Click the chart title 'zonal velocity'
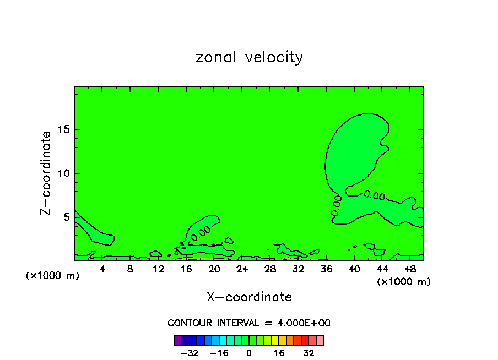[249, 57]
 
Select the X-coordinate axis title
[249, 297]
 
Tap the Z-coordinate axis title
[46, 173]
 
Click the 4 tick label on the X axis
[102, 269]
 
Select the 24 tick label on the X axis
[242, 269]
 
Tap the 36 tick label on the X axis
[326, 269]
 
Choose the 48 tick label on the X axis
[410, 269]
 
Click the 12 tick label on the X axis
[158, 269]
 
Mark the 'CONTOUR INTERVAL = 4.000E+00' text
[249, 323]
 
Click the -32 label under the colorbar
[190, 353]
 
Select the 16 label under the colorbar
[279, 353]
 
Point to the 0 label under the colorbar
[249, 353]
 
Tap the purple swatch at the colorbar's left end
[178, 340]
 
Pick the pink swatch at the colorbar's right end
[320, 340]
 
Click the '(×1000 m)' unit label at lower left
[53, 276]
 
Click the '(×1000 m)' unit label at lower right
[404, 282]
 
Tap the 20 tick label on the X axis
[214, 269]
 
